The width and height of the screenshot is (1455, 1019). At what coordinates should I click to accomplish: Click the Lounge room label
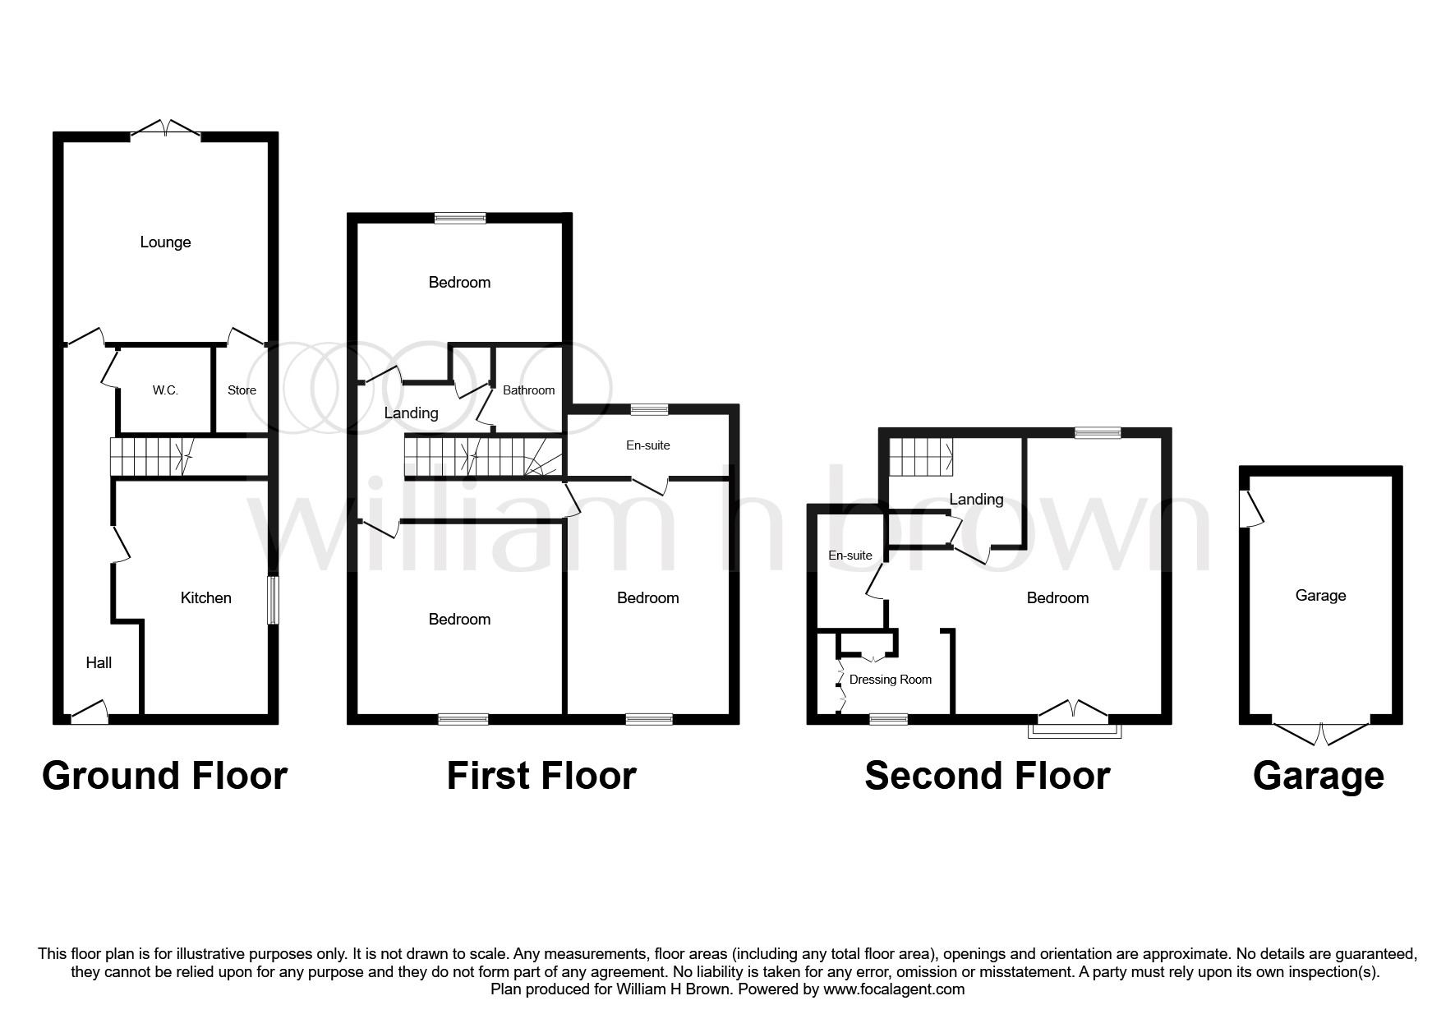tap(165, 242)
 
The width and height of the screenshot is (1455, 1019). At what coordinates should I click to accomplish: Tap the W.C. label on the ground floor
tap(165, 390)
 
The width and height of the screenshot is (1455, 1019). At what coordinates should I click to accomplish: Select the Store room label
tap(242, 390)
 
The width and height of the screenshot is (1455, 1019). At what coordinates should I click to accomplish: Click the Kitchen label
tap(205, 598)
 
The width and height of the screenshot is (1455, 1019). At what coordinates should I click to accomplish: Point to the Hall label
tap(99, 663)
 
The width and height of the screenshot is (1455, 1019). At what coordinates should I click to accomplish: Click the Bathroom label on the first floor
tap(528, 390)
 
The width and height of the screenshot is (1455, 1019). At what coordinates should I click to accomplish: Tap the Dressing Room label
tap(891, 680)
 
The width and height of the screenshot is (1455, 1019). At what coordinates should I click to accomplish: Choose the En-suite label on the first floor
tap(648, 445)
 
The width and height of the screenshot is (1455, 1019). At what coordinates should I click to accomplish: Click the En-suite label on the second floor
tap(850, 556)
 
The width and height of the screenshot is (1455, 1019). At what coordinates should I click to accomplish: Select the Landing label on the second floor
tap(976, 500)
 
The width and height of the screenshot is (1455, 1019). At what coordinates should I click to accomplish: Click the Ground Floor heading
tap(164, 776)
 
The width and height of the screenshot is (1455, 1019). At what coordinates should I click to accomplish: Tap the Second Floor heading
tap(987, 776)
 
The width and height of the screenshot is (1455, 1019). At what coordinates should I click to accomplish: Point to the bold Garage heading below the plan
tap(1318, 776)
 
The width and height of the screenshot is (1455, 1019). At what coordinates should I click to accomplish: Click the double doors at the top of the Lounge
tap(166, 130)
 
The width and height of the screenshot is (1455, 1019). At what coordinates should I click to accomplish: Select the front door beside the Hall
tap(90, 712)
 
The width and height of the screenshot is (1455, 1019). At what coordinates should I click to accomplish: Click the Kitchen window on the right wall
tap(273, 602)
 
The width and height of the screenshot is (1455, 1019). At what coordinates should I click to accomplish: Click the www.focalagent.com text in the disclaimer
tap(893, 989)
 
